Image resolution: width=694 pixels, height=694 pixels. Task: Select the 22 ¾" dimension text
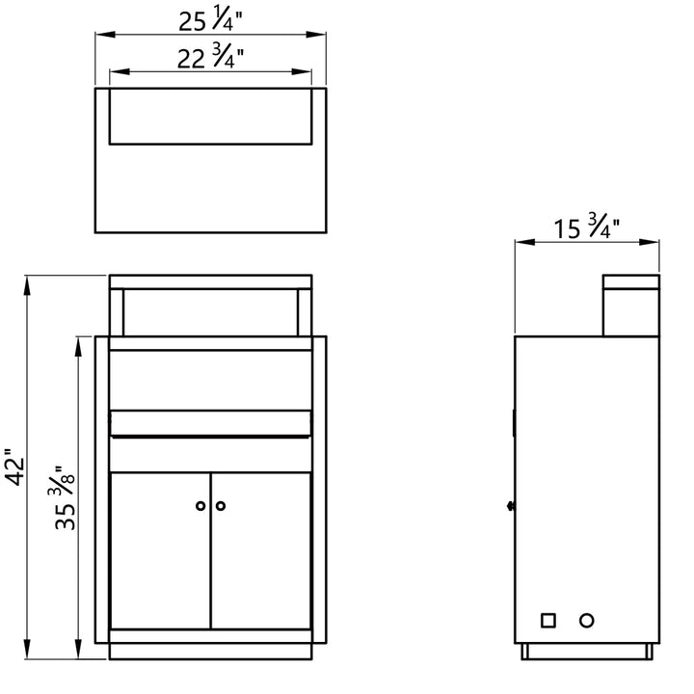coord(210,58)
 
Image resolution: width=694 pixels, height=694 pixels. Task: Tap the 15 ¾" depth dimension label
coord(586,227)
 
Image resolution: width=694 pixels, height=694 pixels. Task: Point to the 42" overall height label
coord(14,467)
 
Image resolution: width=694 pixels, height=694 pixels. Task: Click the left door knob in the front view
coord(200,505)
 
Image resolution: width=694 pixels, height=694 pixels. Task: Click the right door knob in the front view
coord(221,505)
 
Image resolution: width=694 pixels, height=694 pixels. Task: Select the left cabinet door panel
coord(160,550)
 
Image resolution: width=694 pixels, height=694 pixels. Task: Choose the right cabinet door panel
coord(261,550)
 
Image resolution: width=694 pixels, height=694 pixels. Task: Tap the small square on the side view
coord(548,621)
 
